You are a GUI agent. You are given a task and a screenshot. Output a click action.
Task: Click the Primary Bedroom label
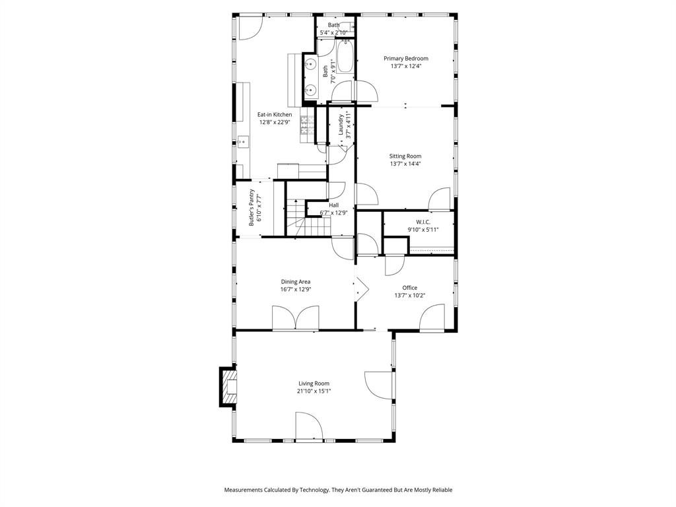coord(406,58)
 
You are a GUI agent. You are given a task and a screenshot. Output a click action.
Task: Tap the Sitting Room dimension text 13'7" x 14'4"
coord(405,164)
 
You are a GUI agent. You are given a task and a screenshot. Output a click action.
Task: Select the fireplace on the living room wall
coord(228,386)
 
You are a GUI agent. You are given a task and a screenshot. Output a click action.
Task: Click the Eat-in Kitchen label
coord(274,114)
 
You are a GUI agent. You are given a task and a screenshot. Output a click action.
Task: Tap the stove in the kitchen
coord(307,129)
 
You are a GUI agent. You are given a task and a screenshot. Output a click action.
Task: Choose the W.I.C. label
coord(423,221)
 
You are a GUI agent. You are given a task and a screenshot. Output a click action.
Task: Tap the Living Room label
coord(314,383)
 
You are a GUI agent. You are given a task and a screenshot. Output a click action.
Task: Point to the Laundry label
coord(341,124)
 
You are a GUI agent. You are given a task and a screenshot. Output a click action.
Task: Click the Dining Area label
coord(295,281)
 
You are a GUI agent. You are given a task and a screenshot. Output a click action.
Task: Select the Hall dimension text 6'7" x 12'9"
coord(333,213)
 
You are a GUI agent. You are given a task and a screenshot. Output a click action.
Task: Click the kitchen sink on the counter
coord(242,141)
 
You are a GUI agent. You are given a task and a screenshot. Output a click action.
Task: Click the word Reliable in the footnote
coord(440,490)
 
